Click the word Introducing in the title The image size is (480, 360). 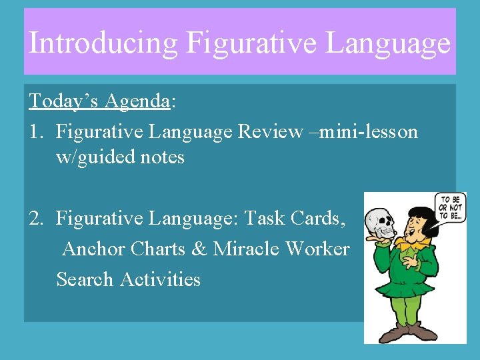[103, 43]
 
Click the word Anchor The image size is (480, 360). [93, 249]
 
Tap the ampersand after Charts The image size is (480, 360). [199, 249]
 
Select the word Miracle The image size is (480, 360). [244, 249]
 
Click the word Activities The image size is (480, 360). [160, 279]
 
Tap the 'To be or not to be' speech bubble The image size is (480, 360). [451, 210]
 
